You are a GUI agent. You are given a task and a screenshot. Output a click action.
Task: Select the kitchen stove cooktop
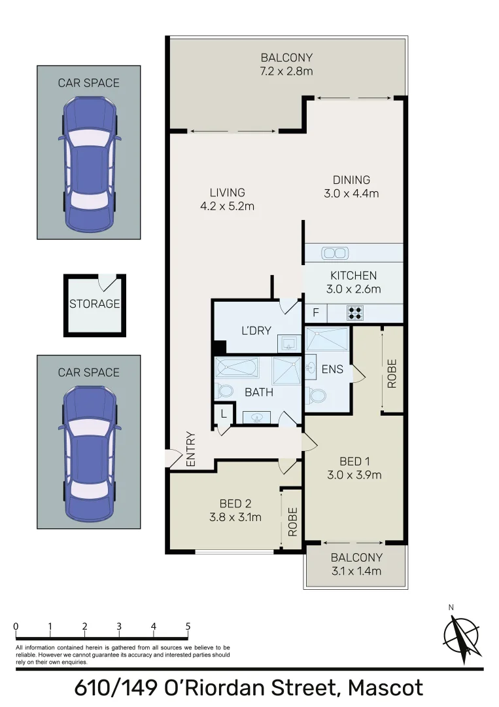click(x=355, y=313)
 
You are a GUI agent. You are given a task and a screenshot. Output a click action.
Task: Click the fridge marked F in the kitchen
click(x=315, y=313)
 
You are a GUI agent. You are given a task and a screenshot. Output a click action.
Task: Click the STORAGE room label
click(x=95, y=304)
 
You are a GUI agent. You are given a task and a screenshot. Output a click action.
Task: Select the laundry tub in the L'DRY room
click(x=287, y=342)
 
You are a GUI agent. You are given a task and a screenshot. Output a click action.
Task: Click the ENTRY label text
click(x=191, y=448)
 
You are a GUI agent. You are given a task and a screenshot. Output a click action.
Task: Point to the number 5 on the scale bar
click(x=188, y=626)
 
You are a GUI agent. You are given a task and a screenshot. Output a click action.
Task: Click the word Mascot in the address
click(x=385, y=688)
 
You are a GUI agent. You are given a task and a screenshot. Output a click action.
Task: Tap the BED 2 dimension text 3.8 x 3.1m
click(x=232, y=517)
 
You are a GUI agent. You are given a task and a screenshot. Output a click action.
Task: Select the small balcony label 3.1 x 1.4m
click(x=356, y=571)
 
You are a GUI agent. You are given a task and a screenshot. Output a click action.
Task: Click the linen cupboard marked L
click(x=223, y=414)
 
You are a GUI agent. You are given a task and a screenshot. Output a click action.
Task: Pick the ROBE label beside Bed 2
click(x=292, y=522)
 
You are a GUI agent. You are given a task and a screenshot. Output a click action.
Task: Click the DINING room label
click(x=351, y=180)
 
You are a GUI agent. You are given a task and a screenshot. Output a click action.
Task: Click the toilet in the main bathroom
click(x=226, y=391)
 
